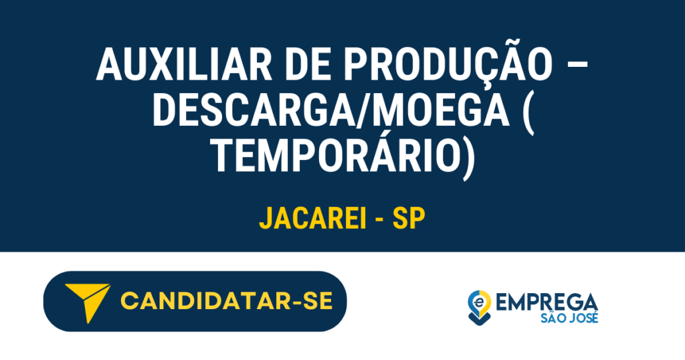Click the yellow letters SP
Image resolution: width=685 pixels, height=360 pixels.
tap(409, 218)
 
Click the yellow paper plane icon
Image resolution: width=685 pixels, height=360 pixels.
tap(87, 302)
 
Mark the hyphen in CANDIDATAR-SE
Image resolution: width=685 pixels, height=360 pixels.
tap(293, 302)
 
